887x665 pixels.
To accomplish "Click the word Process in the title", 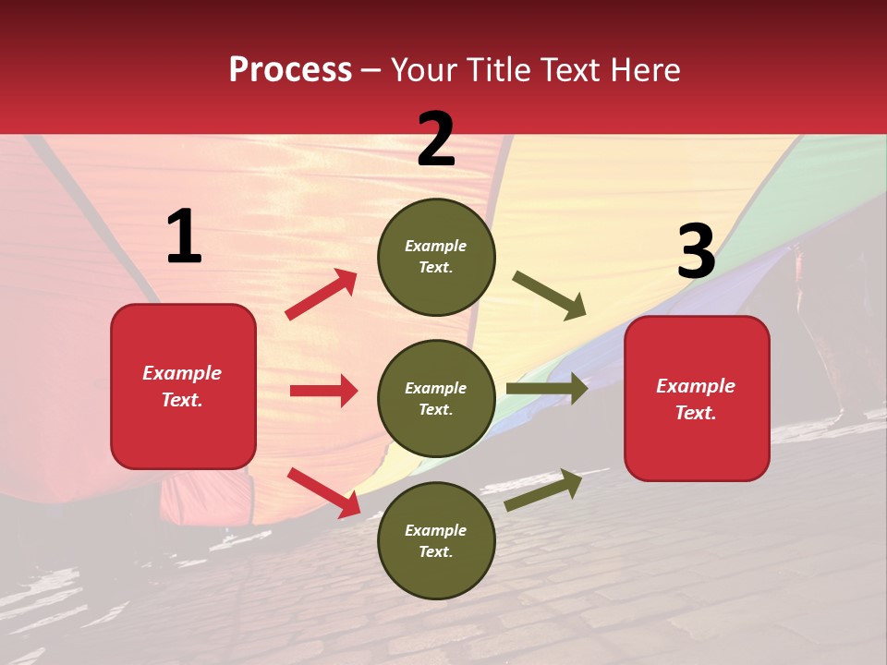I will coord(290,70).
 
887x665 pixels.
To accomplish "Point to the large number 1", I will coord(184,237).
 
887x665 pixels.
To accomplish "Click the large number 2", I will coord(436,139).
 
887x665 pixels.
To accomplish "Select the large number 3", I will coord(696,252).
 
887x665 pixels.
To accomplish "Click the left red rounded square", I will coord(183,386).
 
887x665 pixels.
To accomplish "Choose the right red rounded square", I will coord(697,399).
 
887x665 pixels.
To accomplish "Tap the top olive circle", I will coord(436,257).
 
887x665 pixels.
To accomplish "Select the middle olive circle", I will coord(436,399).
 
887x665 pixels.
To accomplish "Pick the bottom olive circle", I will coord(436,541).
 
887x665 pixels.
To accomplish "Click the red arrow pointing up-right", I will coord(322,295).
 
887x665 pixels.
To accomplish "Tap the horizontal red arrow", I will coord(323,391).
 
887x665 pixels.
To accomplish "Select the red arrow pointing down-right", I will coord(323,492).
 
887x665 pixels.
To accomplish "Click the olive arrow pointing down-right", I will coord(550,296).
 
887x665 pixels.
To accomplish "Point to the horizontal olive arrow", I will coord(547,389).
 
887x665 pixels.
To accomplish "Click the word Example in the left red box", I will coord(182,373).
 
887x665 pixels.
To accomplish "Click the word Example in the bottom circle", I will coord(436,530).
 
